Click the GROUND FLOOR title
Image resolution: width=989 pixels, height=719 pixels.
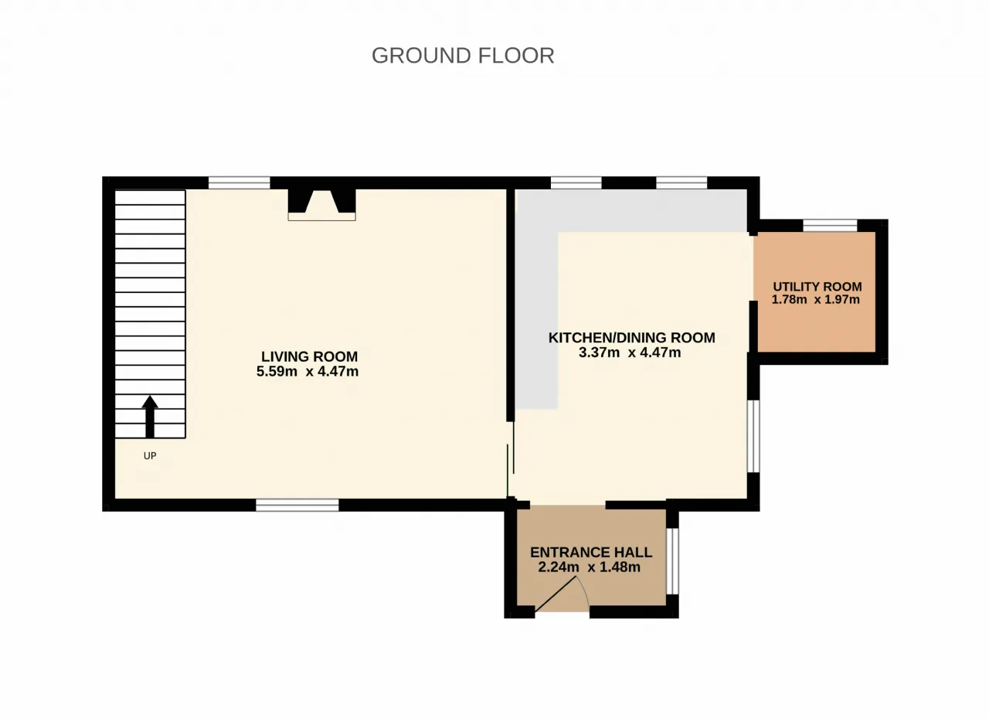tap(463, 56)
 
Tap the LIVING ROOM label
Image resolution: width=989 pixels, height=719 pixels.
tap(309, 356)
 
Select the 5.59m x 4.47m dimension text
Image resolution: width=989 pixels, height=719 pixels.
tap(308, 371)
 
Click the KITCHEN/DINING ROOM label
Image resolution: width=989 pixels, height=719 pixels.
tap(632, 337)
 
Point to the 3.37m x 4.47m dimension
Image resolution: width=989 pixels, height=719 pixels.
tap(630, 353)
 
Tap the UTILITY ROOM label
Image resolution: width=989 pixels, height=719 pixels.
tap(817, 287)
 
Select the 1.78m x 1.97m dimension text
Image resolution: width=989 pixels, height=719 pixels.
tap(815, 299)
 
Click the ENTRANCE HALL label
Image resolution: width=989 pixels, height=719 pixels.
tap(591, 552)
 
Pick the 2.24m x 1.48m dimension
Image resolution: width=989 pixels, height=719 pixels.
tap(589, 567)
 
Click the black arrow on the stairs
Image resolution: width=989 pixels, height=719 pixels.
tap(150, 417)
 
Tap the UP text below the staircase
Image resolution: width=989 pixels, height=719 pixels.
tap(150, 456)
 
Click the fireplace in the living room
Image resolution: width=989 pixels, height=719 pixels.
tap(322, 205)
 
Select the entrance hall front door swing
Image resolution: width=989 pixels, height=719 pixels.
tap(562, 595)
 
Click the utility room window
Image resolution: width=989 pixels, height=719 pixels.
tap(830, 225)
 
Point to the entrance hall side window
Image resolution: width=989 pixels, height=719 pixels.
tap(672, 561)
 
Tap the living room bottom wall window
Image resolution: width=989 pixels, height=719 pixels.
tap(297, 506)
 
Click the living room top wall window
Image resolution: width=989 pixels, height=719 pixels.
tap(239, 182)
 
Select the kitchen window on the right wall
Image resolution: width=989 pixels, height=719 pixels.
tap(753, 436)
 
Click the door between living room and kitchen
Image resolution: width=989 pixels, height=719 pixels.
tap(511, 459)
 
